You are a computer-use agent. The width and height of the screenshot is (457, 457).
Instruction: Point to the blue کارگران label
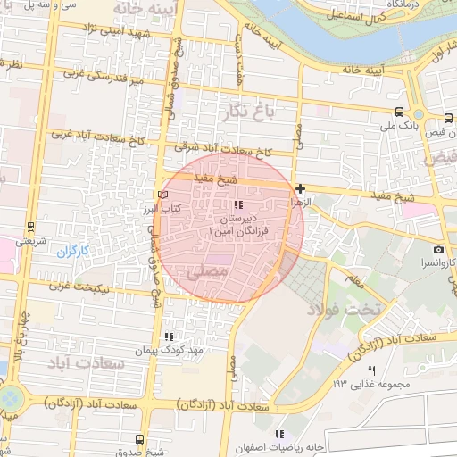(x=74, y=252)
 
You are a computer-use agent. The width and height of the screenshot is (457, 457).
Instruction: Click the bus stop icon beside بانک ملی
(x=398, y=112)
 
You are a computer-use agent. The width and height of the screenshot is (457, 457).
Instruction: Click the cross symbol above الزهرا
(x=301, y=189)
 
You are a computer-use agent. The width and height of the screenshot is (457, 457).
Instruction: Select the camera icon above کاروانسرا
(x=438, y=249)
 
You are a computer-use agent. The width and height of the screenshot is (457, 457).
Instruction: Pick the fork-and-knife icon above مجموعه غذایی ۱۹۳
(x=371, y=370)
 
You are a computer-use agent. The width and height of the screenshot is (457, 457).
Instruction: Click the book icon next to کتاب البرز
(x=162, y=194)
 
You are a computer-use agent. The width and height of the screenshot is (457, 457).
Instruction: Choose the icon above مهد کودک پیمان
(x=168, y=337)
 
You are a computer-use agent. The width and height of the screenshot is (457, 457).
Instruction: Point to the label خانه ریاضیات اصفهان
(x=280, y=446)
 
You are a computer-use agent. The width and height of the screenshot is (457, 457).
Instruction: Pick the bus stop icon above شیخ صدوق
(x=138, y=439)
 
